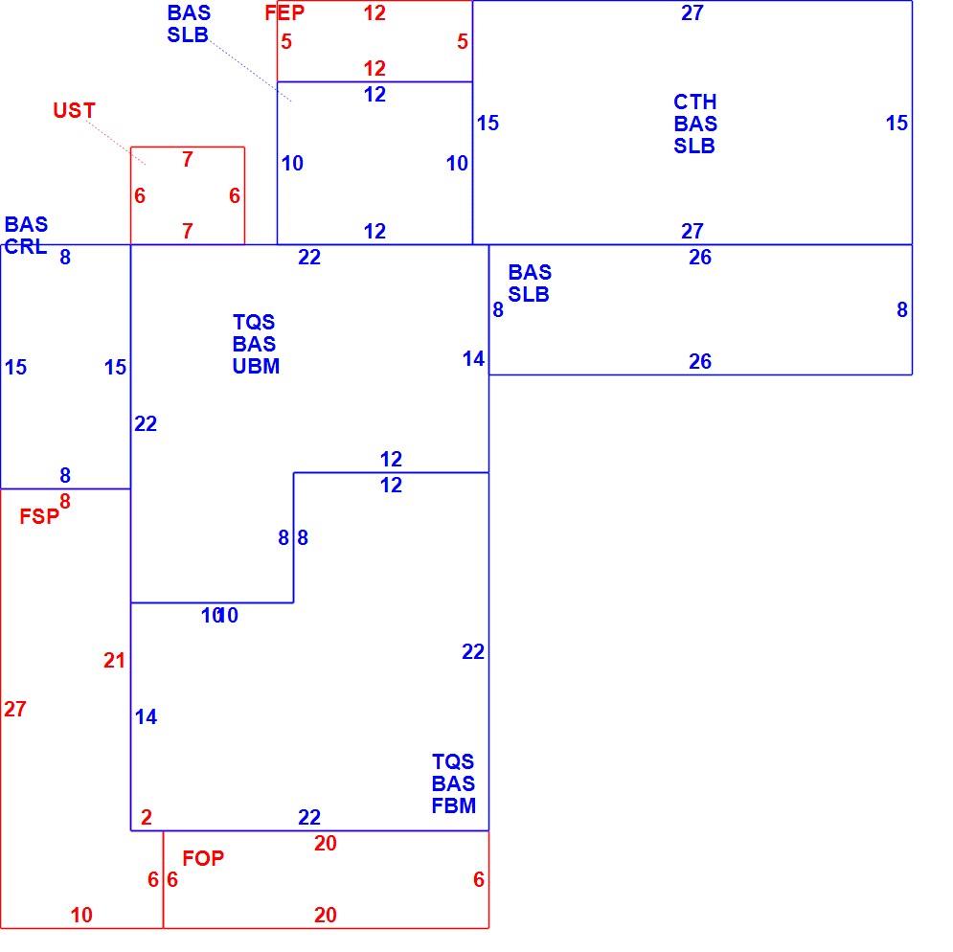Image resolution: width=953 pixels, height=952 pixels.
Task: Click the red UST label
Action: click(x=74, y=111)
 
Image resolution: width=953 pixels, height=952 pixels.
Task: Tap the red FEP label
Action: click(x=284, y=12)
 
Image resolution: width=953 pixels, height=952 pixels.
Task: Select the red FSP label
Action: click(x=39, y=517)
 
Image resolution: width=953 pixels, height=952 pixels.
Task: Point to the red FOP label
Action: click(x=203, y=858)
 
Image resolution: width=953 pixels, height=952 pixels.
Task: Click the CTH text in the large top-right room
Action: click(x=695, y=102)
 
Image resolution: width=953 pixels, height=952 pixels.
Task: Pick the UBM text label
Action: click(x=256, y=366)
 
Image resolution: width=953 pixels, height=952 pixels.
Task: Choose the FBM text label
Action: click(x=453, y=805)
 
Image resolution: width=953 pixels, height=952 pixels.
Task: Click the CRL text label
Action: click(x=26, y=246)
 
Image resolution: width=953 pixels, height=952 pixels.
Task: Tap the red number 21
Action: click(x=114, y=660)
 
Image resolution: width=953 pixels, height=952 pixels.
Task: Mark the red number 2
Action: click(x=146, y=817)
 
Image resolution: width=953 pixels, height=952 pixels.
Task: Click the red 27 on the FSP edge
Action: click(x=15, y=709)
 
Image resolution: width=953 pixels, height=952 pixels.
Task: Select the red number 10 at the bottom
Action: click(x=81, y=915)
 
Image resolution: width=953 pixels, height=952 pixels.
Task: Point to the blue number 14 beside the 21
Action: click(x=146, y=716)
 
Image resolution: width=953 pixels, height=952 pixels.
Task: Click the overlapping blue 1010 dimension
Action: click(x=219, y=615)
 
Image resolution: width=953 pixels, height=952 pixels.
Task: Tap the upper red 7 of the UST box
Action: click(x=187, y=159)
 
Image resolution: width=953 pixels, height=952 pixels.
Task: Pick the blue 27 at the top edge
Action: click(x=692, y=12)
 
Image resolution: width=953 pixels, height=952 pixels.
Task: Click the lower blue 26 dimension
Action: click(x=700, y=362)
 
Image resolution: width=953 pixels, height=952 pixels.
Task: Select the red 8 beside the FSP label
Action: click(x=65, y=502)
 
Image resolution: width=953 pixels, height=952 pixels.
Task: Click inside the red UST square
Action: click(x=188, y=195)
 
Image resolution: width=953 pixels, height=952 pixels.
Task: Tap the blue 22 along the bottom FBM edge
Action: click(x=309, y=817)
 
